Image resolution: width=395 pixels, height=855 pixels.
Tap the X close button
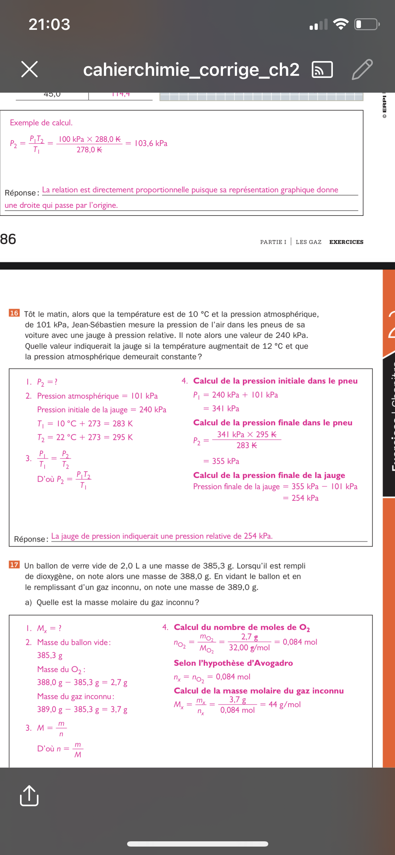coord(29,69)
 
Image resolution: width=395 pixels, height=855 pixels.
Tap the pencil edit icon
coord(362,69)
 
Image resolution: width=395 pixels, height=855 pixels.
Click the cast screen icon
coord(322,69)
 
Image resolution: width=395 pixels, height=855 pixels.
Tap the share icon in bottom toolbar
coord(29,796)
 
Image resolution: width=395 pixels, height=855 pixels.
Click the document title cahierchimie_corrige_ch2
coord(191,69)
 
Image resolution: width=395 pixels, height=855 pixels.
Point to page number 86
coord(8,239)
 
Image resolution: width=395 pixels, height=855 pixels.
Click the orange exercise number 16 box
coord(14,313)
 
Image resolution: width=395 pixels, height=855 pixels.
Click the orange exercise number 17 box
coord(14,565)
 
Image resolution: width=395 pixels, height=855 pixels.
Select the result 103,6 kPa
coord(151,144)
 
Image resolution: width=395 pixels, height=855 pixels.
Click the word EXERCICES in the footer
coord(346,242)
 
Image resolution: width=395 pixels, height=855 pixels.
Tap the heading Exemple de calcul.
coord(41,123)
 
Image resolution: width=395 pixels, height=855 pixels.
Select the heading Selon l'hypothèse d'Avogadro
coord(233,663)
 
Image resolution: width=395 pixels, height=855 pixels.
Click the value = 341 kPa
coord(222,409)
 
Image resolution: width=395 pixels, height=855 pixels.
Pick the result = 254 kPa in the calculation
coord(301,498)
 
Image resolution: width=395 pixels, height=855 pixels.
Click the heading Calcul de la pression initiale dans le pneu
coord(275,381)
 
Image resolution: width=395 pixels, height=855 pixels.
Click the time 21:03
coord(50,24)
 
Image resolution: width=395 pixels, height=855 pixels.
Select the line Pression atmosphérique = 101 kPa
coord(97,396)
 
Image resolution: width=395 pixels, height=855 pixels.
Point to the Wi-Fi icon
coord(340,24)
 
